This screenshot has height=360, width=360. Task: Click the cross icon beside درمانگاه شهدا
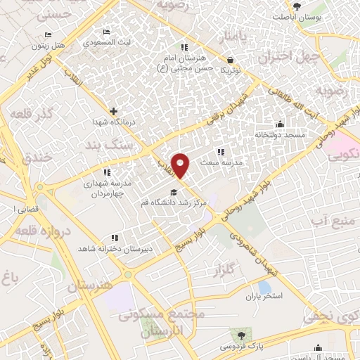click(113, 110)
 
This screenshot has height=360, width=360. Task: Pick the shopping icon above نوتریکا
click(231, 60)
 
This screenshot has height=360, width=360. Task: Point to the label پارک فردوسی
click(242, 347)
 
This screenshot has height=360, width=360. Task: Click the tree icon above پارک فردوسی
click(242, 335)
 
